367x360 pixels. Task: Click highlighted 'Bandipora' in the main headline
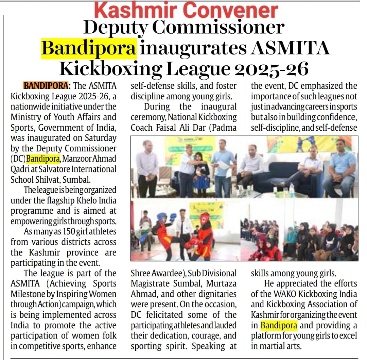(x=89, y=48)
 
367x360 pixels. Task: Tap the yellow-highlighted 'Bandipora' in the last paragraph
(x=279, y=325)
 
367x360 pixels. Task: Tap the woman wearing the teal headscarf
(x=291, y=238)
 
